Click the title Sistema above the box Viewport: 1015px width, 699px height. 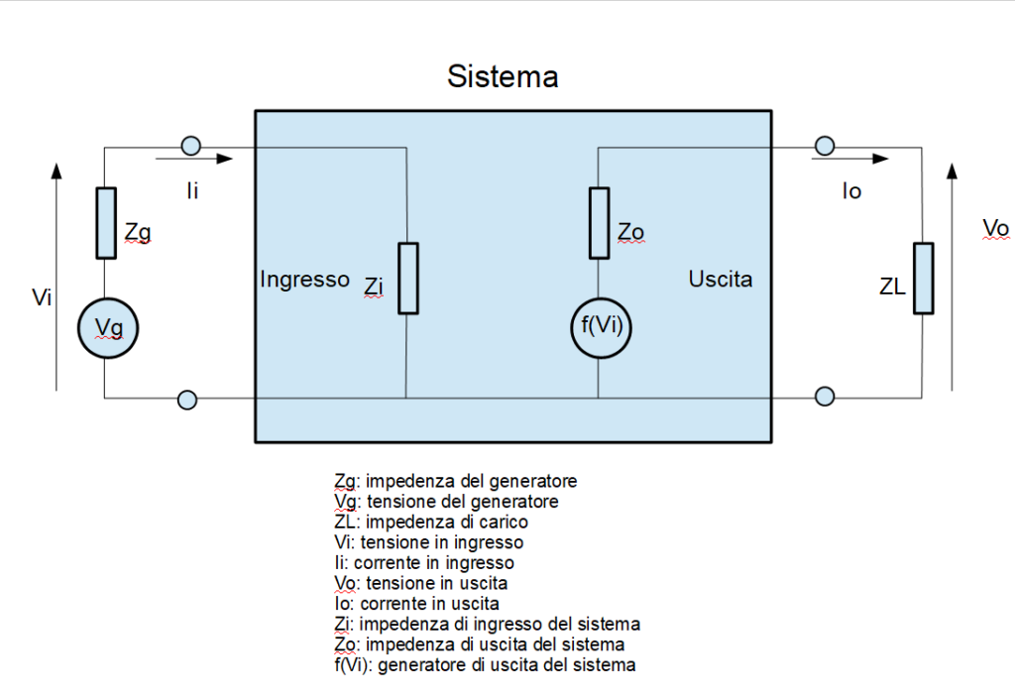point(503,76)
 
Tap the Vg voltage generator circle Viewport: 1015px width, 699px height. point(108,329)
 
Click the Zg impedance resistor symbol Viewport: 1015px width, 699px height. point(106,222)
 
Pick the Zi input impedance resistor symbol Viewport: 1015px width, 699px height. point(407,278)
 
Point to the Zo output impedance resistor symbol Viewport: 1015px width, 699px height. point(599,221)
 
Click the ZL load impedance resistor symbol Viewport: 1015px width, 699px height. point(923,278)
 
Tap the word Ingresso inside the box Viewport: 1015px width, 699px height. point(304,280)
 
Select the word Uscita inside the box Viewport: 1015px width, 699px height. point(721,280)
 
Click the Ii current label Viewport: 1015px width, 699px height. point(192,190)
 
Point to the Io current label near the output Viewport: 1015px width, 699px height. point(851,191)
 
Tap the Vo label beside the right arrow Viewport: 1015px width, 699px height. point(995,229)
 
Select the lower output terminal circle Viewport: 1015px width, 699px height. point(824,397)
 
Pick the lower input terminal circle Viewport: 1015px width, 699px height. point(186,400)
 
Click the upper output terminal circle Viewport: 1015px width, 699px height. point(823,147)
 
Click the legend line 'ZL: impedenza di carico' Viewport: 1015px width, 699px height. point(431,522)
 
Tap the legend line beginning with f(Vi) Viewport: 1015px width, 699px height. point(486,664)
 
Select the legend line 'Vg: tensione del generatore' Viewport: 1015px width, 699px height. point(446,502)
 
